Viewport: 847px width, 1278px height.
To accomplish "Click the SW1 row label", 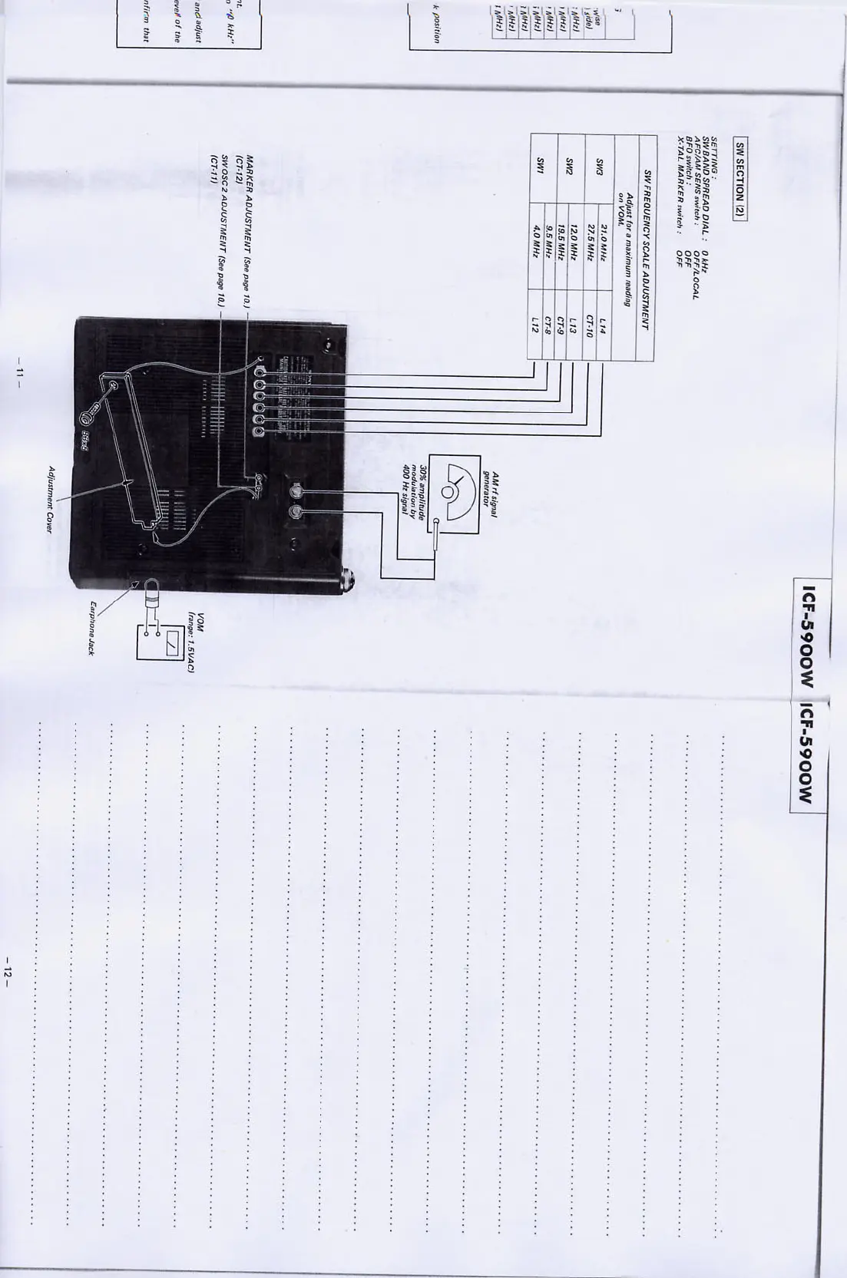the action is click(541, 165).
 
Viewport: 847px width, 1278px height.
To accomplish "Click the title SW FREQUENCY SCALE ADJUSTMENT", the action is click(647, 250).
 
